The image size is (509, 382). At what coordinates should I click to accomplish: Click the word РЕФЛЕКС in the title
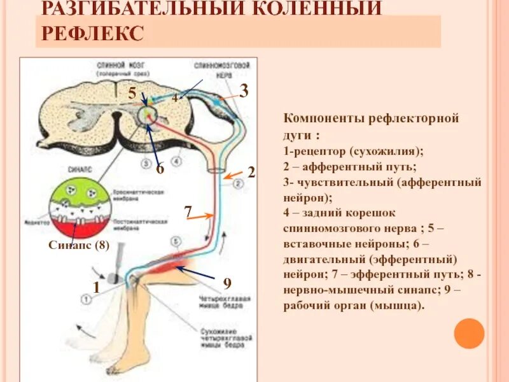93,32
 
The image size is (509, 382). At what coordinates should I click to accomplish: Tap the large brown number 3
244,90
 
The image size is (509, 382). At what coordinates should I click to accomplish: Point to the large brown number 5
132,94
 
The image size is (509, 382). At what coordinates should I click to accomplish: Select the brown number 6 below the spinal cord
160,169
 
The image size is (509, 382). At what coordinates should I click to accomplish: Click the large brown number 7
188,211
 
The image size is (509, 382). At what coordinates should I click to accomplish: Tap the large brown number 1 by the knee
96,288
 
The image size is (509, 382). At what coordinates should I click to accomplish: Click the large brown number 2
251,173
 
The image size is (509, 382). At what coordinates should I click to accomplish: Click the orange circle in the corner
470,333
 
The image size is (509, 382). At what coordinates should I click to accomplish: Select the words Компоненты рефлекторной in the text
371,119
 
